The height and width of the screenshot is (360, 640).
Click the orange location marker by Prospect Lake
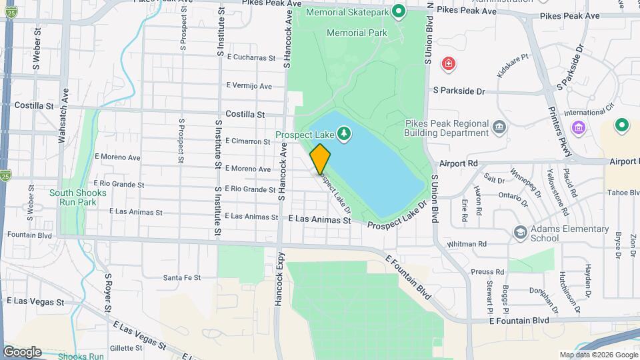click(320, 159)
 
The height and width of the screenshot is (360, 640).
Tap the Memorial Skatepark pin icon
click(399, 11)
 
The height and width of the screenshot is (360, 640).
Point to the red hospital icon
click(449, 63)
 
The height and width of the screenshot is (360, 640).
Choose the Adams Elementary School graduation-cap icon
click(520, 233)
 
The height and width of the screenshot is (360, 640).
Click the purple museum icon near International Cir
click(578, 127)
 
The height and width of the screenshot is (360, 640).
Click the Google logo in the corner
click(22, 351)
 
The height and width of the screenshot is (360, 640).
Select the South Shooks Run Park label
click(77, 197)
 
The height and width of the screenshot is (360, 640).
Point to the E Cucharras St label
click(251, 58)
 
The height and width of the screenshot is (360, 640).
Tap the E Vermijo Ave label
click(249, 85)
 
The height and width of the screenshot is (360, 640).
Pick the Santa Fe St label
click(181, 277)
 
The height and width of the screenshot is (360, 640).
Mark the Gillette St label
click(122, 348)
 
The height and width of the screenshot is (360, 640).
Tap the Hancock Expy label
click(280, 278)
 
